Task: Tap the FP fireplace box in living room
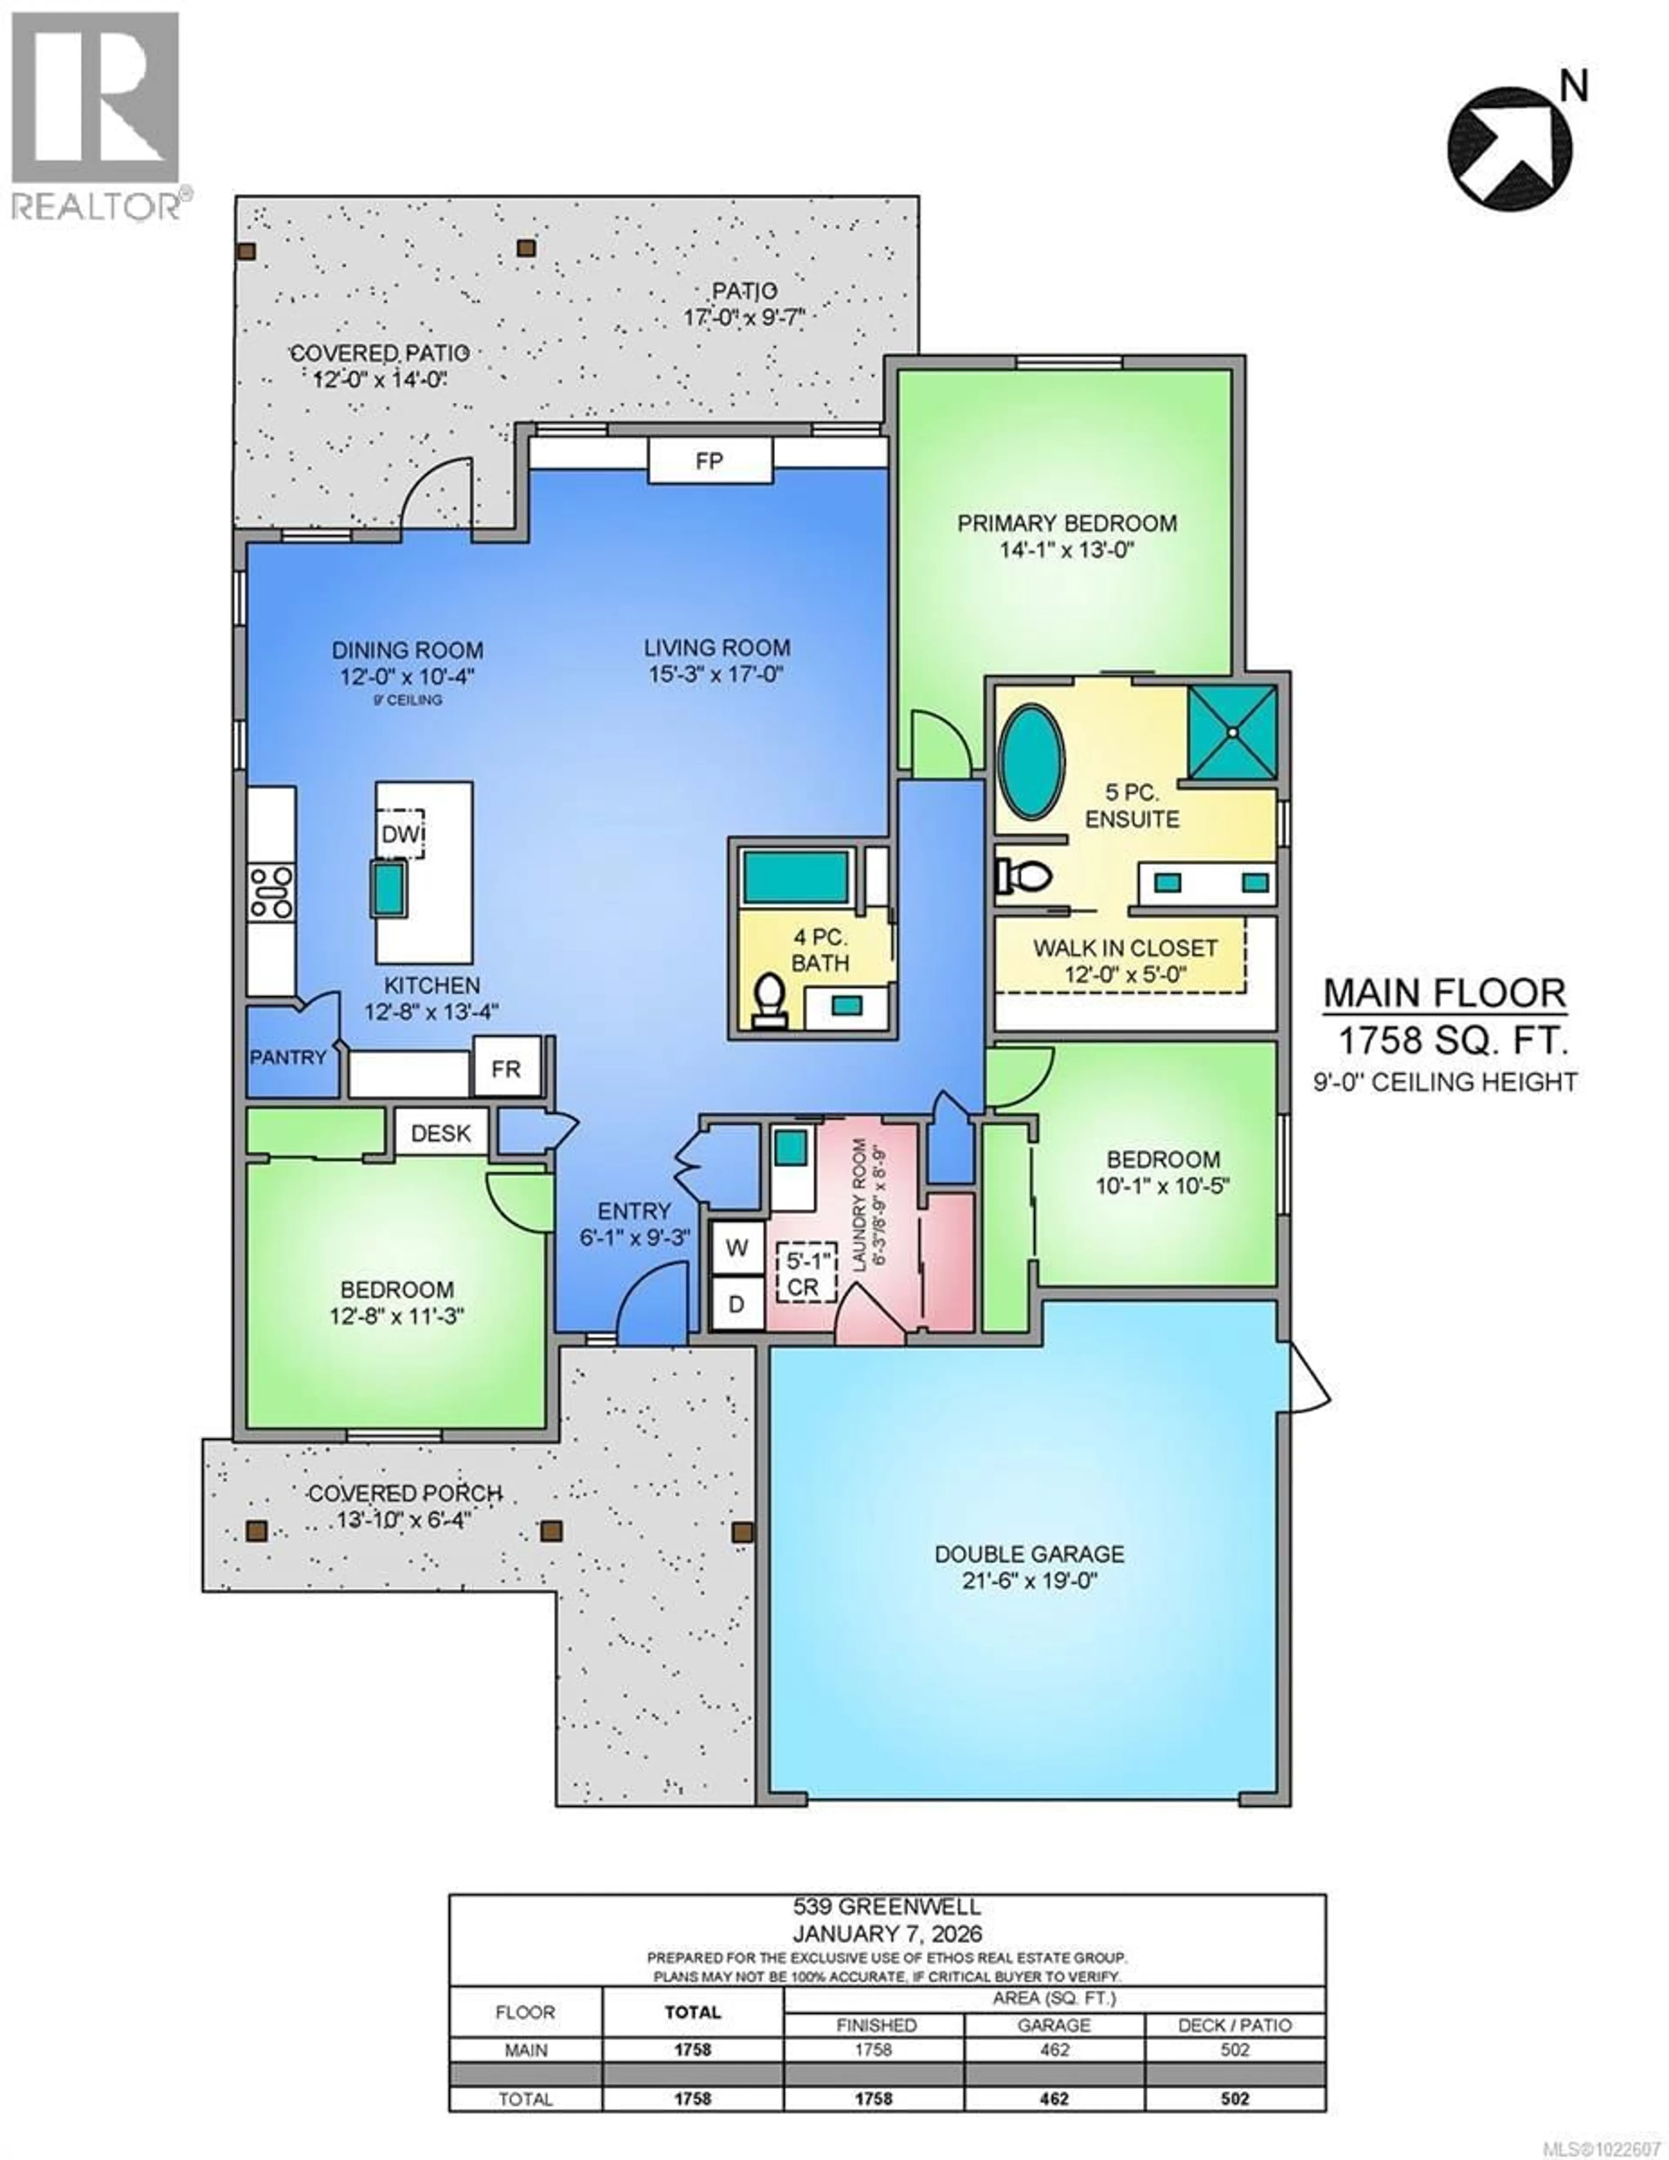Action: click(709, 461)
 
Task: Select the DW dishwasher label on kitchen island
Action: click(401, 834)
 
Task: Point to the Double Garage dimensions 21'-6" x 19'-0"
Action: click(1029, 1579)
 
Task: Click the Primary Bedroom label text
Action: click(1067, 523)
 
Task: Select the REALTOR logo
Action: click(96, 114)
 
